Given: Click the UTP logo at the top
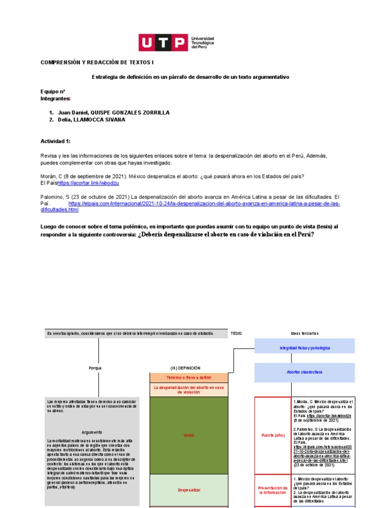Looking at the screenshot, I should (176, 43).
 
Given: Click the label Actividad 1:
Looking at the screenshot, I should (56, 141).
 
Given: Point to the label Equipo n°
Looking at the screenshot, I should (53, 92).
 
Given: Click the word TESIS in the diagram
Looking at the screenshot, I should (236, 333).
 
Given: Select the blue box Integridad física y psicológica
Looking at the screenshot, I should (305, 348).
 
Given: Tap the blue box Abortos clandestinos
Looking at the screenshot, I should (305, 372).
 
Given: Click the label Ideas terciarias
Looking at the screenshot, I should (305, 333).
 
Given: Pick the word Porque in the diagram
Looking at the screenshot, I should (95, 368).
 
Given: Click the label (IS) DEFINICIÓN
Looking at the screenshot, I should (185, 368).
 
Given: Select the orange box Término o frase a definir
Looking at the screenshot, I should (189, 378).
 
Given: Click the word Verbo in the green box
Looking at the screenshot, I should (189, 435).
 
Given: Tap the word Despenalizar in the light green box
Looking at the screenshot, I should (189, 490).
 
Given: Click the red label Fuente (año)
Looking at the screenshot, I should (273, 435).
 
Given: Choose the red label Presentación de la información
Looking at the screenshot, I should (273, 490).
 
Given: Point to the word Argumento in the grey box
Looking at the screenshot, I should (92, 432).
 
